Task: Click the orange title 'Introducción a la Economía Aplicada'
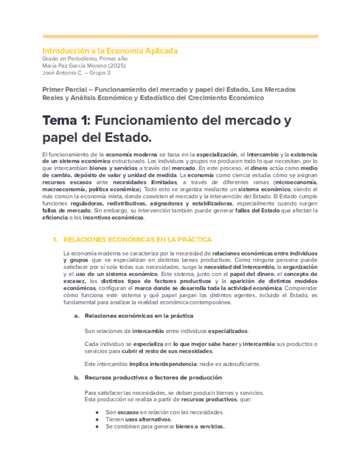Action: click(110, 51)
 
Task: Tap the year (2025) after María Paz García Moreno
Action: click(118, 65)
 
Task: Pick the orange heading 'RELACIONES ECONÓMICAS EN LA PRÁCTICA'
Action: click(137, 240)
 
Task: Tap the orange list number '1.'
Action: click(55, 240)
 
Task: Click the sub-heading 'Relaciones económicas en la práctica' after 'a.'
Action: click(139, 316)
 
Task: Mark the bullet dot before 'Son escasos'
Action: click(97, 412)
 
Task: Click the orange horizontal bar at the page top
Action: click(180, 36)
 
